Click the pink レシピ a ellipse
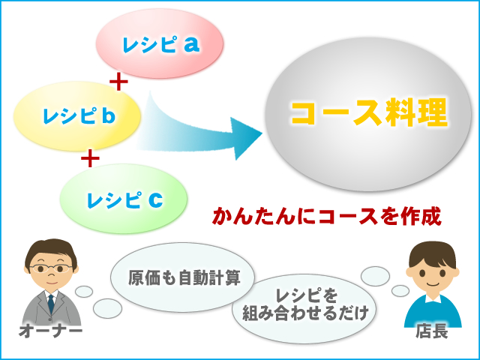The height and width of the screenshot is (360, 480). tap(160, 43)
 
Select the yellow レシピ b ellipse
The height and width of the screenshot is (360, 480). tap(77, 116)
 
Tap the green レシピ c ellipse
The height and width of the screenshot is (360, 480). tap(123, 199)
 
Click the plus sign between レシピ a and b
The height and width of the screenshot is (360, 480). tap(118, 82)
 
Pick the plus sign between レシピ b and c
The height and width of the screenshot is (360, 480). tap(90, 158)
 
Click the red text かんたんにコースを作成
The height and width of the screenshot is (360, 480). tap(327, 217)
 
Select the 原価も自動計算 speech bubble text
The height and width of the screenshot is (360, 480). tap(184, 277)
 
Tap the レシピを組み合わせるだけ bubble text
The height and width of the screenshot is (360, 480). tap(305, 304)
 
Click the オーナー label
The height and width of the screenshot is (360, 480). tap(51, 331)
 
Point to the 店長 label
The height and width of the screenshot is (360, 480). tap(432, 331)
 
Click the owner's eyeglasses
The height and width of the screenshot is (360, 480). tap(51, 268)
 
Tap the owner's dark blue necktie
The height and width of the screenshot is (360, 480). tap(51, 303)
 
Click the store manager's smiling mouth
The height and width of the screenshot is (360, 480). tap(433, 283)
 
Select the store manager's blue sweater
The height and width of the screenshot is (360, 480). tap(433, 312)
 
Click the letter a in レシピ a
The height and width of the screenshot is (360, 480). tap(192, 44)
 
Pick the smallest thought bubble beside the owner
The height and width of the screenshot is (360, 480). tap(84, 292)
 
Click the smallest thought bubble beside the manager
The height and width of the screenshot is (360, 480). tap(400, 291)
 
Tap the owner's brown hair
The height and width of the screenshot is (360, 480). tap(51, 250)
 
